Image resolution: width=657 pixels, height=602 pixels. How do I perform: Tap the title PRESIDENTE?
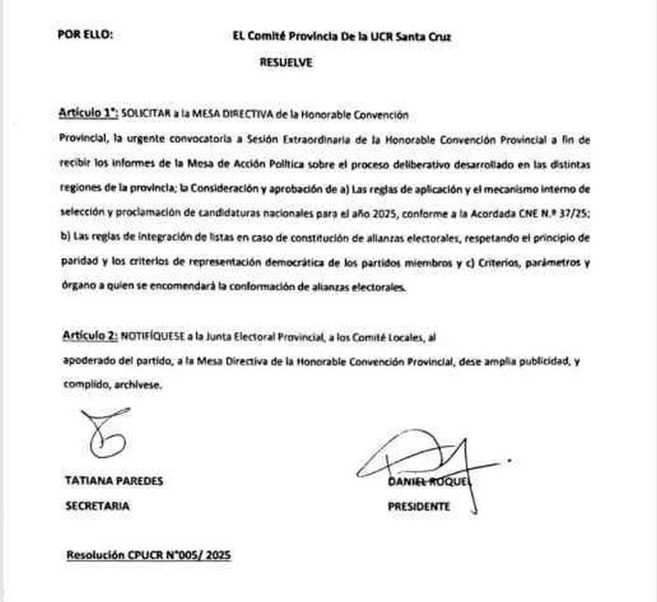pos(419,505)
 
